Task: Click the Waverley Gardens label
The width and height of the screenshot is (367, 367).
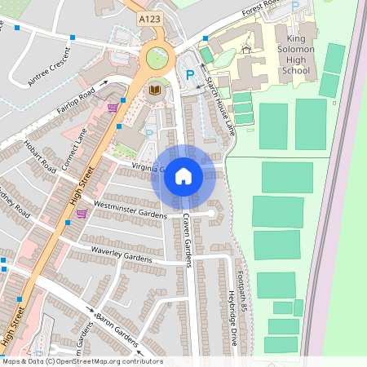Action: click(x=122, y=254)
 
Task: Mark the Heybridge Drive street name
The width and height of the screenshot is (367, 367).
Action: click(x=232, y=306)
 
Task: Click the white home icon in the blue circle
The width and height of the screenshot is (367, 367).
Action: click(x=183, y=176)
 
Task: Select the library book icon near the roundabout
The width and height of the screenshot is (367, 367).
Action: click(x=155, y=90)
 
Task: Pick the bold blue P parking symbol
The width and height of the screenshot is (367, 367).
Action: click(x=191, y=76)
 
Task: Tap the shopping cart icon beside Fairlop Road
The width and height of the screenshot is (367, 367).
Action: click(x=113, y=107)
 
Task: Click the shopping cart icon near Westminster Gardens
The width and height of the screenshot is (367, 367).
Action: click(x=82, y=214)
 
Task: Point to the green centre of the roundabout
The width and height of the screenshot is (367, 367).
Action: click(x=157, y=57)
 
